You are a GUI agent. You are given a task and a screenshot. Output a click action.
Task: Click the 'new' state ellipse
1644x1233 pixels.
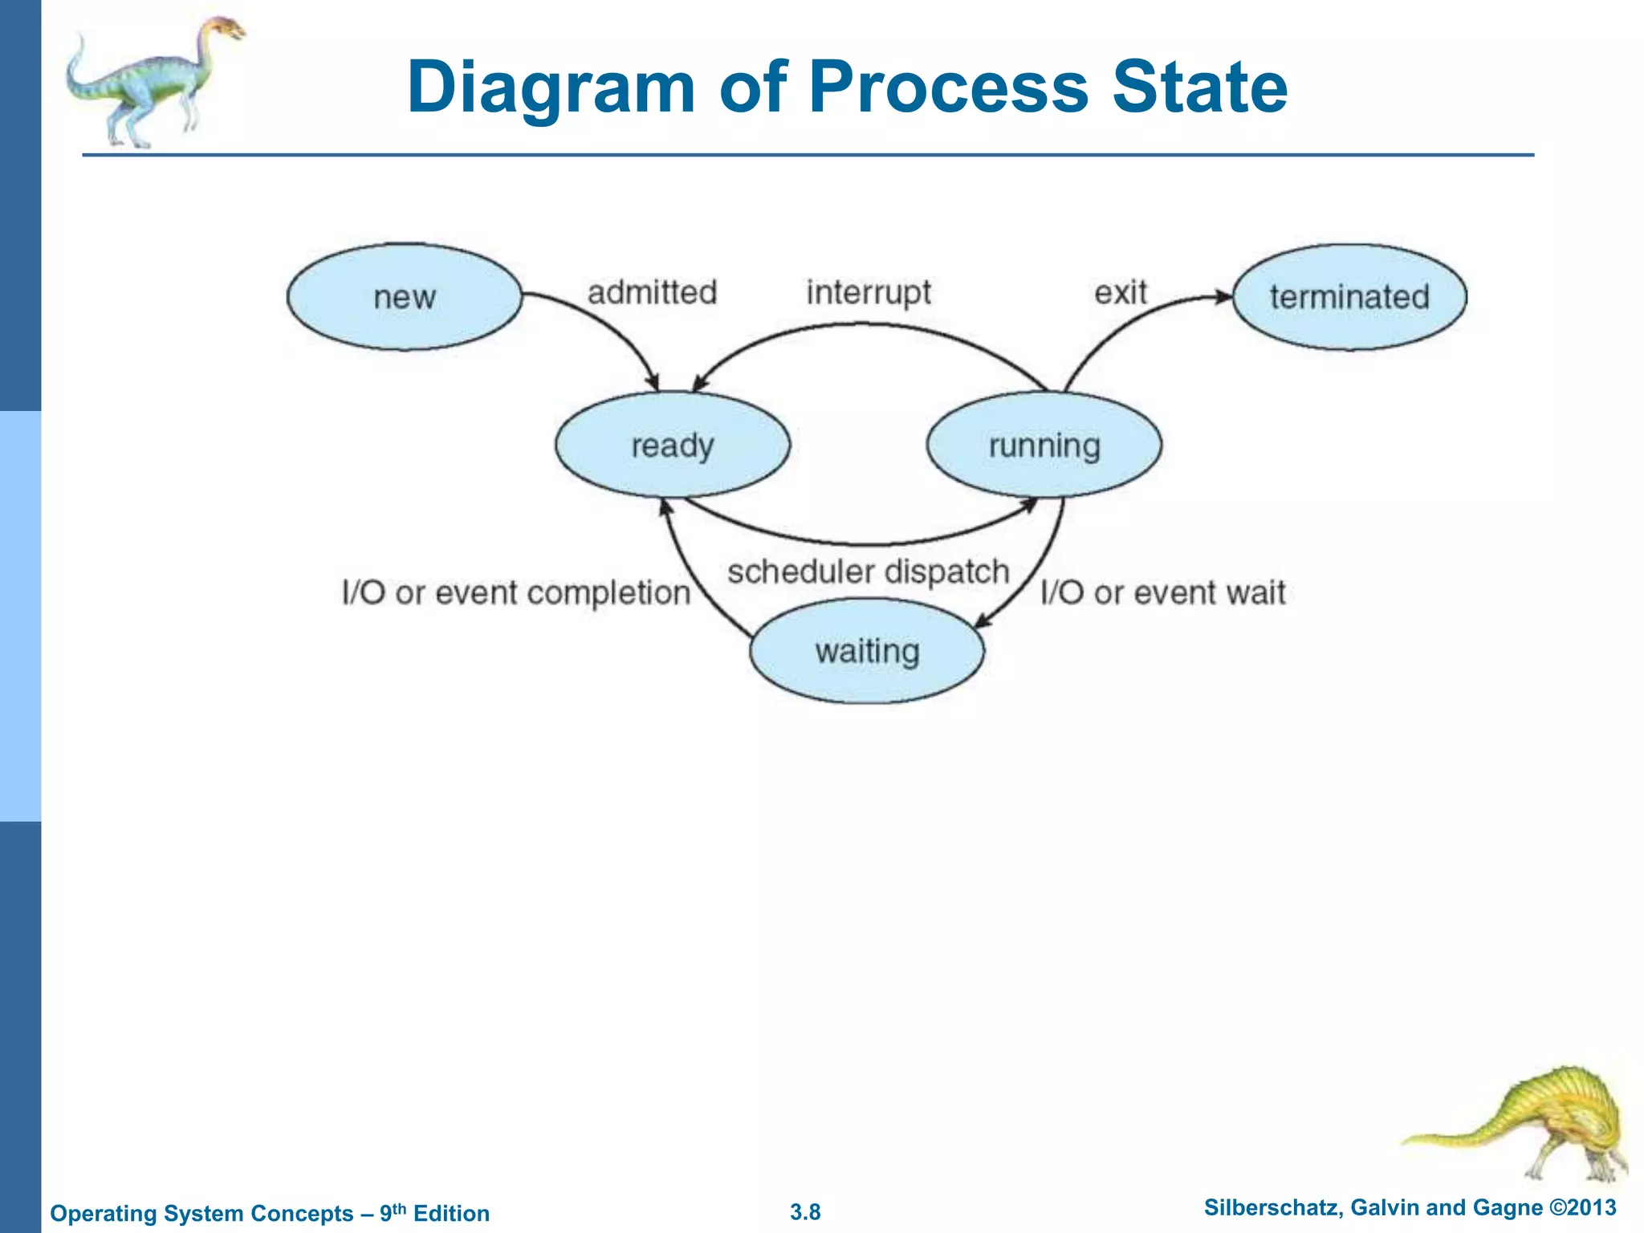(x=405, y=297)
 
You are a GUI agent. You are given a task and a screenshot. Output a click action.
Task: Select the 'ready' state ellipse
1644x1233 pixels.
(x=673, y=445)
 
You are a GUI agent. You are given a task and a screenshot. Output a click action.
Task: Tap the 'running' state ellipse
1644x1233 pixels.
(x=1044, y=445)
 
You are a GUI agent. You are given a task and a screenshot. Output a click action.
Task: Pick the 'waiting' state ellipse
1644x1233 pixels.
(x=867, y=651)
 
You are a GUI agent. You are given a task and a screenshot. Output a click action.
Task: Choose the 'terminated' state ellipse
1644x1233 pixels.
(x=1349, y=297)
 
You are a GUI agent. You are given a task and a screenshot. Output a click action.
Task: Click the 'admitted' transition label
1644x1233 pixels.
(x=652, y=292)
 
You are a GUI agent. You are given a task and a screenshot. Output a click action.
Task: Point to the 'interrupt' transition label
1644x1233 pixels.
(x=869, y=292)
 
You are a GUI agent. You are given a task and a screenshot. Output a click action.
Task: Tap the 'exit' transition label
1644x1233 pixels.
(x=1121, y=292)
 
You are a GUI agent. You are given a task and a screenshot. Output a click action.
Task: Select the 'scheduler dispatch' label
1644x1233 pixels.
(x=868, y=572)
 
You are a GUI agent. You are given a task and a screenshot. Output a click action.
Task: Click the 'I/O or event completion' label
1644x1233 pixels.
(x=516, y=593)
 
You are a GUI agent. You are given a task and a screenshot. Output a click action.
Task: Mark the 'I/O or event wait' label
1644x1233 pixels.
(x=1162, y=593)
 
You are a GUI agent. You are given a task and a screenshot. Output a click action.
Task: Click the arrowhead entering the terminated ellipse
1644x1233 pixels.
(x=1223, y=297)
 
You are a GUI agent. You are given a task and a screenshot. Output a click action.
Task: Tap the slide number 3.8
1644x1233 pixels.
(x=805, y=1212)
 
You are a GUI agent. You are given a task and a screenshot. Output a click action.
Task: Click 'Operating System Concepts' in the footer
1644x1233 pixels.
(x=201, y=1213)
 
